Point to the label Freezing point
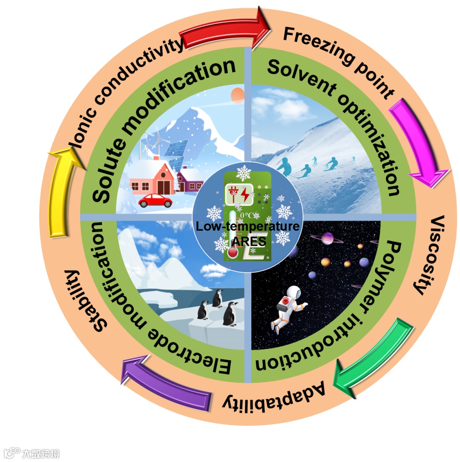click(x=339, y=60)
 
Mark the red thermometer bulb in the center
click(x=233, y=253)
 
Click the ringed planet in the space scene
click(x=327, y=238)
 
